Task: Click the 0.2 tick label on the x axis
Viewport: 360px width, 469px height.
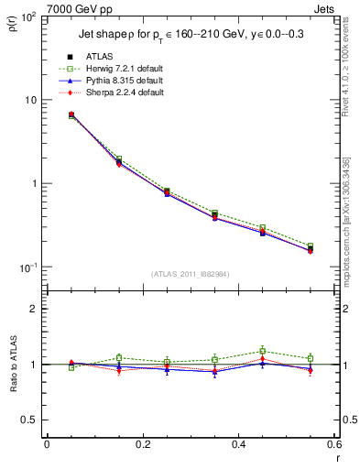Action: [x=142, y=444]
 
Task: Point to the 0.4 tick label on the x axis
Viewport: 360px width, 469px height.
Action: [x=238, y=444]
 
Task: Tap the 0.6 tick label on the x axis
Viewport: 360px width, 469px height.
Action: [x=333, y=444]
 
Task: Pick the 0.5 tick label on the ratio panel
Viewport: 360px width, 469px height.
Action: [x=29, y=420]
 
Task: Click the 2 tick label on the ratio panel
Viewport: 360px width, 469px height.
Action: [x=34, y=309]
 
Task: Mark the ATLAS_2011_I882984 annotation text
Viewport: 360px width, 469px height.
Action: [x=190, y=273]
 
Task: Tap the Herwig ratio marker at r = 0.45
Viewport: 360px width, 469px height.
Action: [x=262, y=351]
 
